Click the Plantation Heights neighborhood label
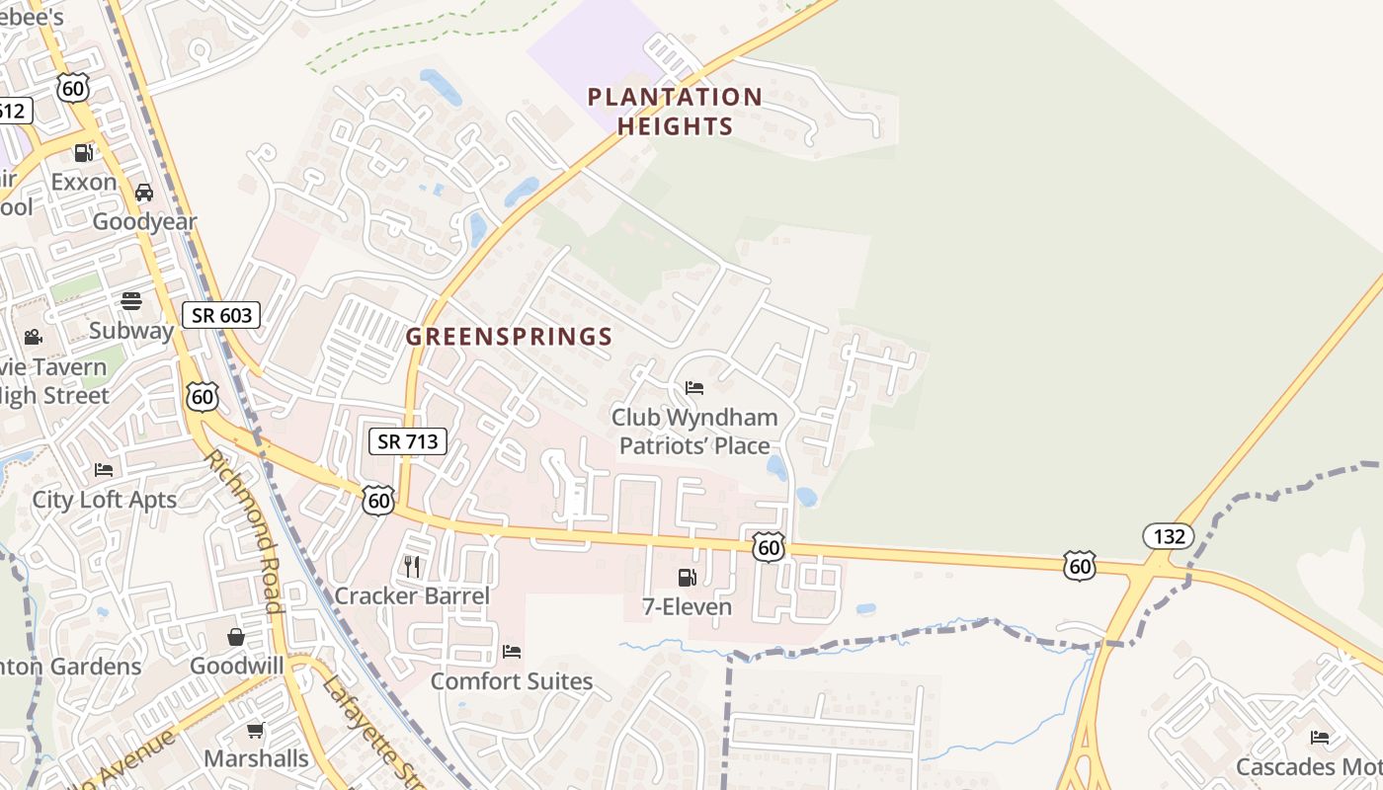675,112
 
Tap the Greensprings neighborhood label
509,337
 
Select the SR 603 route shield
221,316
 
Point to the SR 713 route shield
408,441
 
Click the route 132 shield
1169,536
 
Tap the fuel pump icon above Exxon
84,153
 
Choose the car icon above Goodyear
144,193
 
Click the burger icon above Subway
131,300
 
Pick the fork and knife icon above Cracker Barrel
412,566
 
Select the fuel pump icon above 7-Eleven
687,577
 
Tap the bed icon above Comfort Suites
512,652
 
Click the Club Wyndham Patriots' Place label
694,432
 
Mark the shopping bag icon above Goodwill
236,636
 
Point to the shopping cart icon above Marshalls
256,730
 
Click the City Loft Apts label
105,500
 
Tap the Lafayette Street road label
372,731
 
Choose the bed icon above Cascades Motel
1319,737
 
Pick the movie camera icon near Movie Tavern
34,338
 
